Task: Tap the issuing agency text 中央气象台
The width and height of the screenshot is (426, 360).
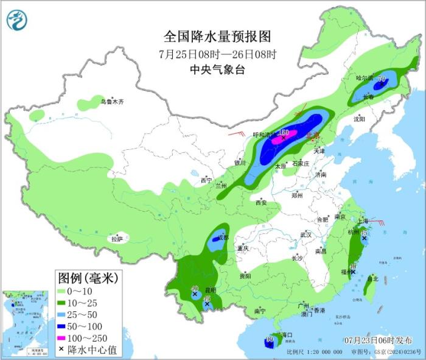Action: (217, 69)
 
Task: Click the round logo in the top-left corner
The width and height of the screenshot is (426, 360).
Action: (18, 21)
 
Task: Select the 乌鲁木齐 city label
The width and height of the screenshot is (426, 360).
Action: (112, 102)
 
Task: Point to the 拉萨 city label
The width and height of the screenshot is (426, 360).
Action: (117, 239)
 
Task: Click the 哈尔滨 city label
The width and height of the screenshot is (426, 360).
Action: (365, 78)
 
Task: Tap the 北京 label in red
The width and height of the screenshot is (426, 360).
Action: (313, 136)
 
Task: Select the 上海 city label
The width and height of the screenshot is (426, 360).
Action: (365, 221)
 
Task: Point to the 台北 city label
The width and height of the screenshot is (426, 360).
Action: (372, 279)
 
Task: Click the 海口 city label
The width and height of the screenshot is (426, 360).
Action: (288, 335)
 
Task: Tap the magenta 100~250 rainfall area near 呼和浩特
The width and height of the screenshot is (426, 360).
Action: (284, 138)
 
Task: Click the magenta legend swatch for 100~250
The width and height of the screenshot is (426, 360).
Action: (62, 336)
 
